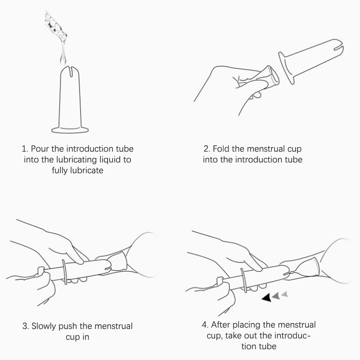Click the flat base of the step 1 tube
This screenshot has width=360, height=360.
pos(70,130)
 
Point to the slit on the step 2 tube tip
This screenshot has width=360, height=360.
pos(338,48)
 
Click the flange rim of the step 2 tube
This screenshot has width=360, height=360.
pos(286,68)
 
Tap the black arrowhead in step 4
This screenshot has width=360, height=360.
pos(267,297)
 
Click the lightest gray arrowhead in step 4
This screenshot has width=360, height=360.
pos(285,294)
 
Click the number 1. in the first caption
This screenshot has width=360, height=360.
pos(25,149)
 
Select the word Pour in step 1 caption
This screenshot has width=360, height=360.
pos(40,149)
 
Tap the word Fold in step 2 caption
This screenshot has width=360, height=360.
pos(221,149)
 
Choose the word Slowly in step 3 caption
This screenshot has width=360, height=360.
pos(44,326)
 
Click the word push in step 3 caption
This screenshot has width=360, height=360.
pos(69,326)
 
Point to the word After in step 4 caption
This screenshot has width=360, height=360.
pos(220,325)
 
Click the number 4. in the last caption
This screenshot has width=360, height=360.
pos(205,325)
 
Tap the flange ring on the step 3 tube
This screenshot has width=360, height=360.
pos(65,272)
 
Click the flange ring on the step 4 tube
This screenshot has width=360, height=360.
pos(244,280)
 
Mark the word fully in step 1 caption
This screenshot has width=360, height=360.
pos(60,171)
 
